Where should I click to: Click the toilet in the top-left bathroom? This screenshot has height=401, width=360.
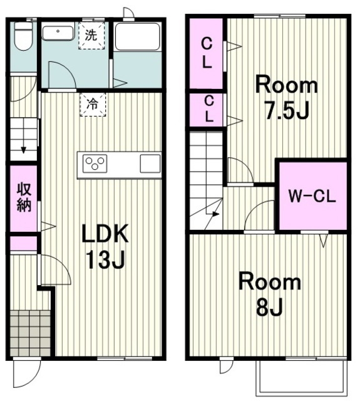pos(23,35)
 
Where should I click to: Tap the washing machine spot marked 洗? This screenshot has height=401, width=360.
pos(91,35)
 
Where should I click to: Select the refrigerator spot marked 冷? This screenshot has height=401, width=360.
pos(93,105)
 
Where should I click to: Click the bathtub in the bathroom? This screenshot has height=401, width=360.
pos(138,37)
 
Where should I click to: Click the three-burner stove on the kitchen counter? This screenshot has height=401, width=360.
pos(95,164)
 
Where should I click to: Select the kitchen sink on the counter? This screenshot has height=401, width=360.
pos(150,164)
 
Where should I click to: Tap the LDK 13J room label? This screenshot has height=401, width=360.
pos(105,246)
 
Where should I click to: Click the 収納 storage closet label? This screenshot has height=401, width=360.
pos(24,197)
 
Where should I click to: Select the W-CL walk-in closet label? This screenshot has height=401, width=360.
pos(312,196)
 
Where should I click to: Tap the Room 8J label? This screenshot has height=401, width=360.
pos(270,294)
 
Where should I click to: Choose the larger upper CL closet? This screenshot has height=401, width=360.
pos(206,53)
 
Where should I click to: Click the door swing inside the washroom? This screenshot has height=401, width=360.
pos(62,75)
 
